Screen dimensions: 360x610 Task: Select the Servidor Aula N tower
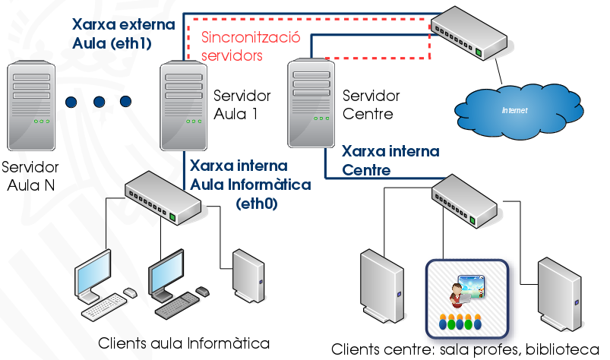pyautogui.click(x=32, y=107)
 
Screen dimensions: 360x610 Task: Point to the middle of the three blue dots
pyautogui.click(x=100, y=102)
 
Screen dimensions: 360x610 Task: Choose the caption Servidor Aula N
pyautogui.click(x=30, y=175)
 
